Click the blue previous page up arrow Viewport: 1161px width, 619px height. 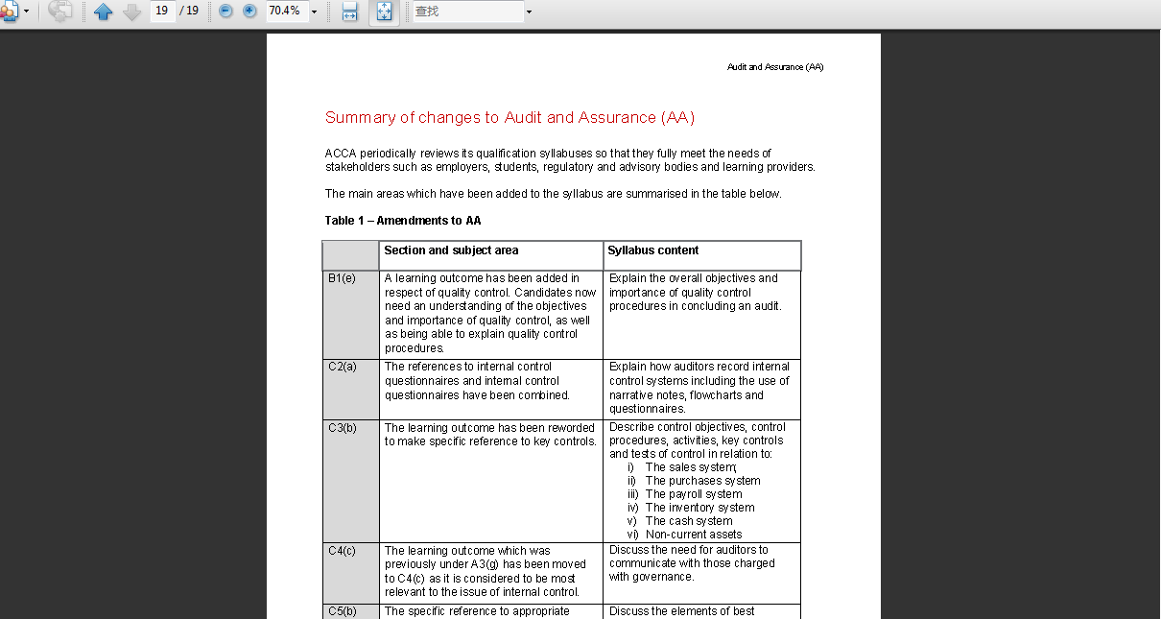coord(104,12)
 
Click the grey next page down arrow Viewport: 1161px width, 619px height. coord(131,12)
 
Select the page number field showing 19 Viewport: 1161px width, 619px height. coord(161,11)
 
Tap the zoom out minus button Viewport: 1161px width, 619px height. coord(225,11)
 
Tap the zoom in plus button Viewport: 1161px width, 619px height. coord(249,11)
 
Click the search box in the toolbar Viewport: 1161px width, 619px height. coord(468,12)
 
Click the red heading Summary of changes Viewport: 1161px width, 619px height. coord(509,118)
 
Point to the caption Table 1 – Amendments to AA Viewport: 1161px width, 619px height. coord(403,221)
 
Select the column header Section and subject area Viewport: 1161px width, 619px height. coord(451,250)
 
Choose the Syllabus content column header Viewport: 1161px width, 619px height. coord(653,250)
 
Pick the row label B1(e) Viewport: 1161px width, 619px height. coord(342,278)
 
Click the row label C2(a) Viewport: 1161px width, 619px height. coord(342,367)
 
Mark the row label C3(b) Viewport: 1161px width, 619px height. coord(342,428)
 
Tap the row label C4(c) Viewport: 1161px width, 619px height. coord(342,551)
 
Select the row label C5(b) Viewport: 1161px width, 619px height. coord(342,611)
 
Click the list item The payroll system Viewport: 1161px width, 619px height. coord(693,494)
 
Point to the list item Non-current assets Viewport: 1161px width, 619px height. coord(693,535)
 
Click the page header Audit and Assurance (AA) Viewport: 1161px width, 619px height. coord(775,67)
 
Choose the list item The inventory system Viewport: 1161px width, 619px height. coord(699,508)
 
